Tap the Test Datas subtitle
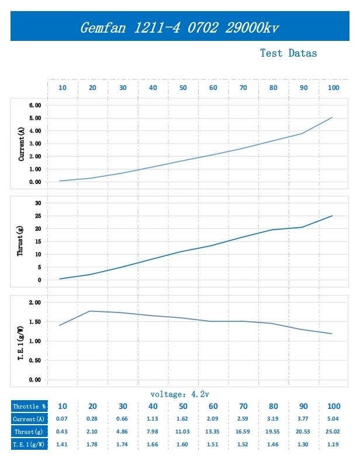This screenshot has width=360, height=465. coord(288,53)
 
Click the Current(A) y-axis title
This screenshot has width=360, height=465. coord(22,144)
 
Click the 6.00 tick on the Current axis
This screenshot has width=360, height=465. coord(34,105)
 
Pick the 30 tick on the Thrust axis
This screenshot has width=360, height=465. coord(38,203)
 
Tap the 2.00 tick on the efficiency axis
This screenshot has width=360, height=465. coord(34,302)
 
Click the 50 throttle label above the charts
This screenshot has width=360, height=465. coord(183,88)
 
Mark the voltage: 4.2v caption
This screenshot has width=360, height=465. coord(179,394)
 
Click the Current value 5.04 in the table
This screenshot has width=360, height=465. coord(333,419)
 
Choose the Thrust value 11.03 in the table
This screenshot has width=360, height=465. coord(182,432)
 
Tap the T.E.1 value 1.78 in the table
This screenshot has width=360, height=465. coord(92,445)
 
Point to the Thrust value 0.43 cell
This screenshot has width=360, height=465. coord(62,432)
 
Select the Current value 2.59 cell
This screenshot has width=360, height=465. coord(243,419)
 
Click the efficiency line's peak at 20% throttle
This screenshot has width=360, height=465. coord(90,311)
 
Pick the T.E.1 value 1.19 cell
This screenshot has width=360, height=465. coord(333,445)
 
